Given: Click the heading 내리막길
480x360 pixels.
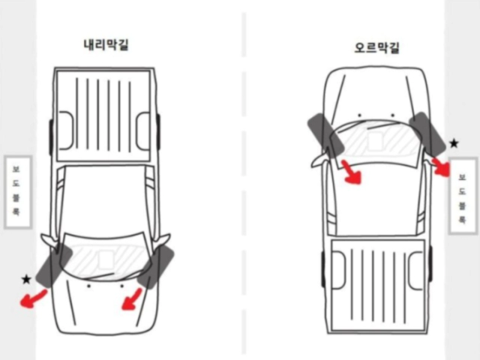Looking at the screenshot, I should pos(106,44).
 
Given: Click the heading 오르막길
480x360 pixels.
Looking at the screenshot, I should pos(377,49).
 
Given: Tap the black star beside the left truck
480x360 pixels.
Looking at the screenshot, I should pos(27,280).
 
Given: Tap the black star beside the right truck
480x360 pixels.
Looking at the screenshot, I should pos(453,142).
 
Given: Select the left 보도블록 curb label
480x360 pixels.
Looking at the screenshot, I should pos(16,192).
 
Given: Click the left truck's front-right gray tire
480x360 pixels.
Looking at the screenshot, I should pos(156,267).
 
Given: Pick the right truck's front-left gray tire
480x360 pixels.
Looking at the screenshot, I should pos(325,133).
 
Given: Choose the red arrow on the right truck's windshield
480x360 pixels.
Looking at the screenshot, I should pos(351,172).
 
